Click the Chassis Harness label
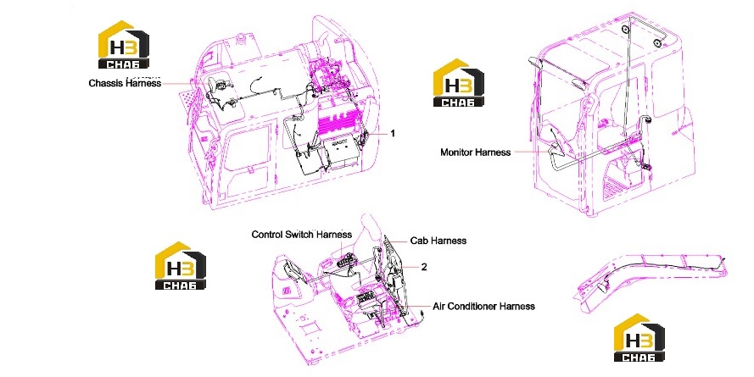tap(125, 83)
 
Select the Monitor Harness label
tap(476, 152)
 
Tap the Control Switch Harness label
tap(301, 235)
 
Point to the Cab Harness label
tap(438, 240)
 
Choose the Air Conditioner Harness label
tap(483, 306)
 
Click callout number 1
tap(393, 133)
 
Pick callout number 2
tap(423, 267)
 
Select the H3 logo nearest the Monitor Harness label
tap(458, 83)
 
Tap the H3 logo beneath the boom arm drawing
tap(640, 338)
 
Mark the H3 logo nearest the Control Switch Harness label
tap(181, 265)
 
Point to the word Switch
tap(300, 235)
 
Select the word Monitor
tap(457, 152)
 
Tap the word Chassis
tap(106, 83)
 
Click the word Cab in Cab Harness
tap(418, 240)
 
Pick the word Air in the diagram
tap(438, 306)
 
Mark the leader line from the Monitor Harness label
tap(530, 152)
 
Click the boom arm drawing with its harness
tap(651, 280)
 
